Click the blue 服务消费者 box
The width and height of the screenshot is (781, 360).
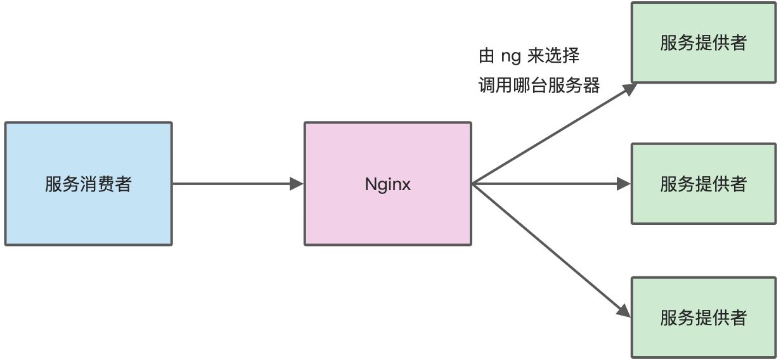click(89, 184)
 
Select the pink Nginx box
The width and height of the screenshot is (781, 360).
click(388, 184)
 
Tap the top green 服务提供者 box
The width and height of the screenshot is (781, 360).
click(704, 42)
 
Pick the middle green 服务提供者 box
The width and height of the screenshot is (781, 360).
click(704, 184)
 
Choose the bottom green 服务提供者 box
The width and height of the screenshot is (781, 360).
click(704, 318)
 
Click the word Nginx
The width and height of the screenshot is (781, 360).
click(388, 184)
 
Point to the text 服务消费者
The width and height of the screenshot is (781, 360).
click(88, 184)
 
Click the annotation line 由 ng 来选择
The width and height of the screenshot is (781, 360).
click(529, 56)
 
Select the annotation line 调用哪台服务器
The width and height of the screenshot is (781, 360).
click(539, 86)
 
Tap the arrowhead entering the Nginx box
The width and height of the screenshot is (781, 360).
click(297, 184)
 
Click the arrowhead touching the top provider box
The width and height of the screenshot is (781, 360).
click(629, 89)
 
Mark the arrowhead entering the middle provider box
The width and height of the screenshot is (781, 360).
click(624, 184)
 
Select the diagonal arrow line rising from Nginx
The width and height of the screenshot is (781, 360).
click(555, 134)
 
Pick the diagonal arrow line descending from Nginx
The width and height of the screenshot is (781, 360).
click(552, 250)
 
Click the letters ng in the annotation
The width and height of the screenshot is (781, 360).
click(511, 57)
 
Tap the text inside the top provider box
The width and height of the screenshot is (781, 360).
click(704, 43)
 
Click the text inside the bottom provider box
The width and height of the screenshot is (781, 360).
click(704, 318)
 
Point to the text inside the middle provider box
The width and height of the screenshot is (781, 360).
click(704, 184)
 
